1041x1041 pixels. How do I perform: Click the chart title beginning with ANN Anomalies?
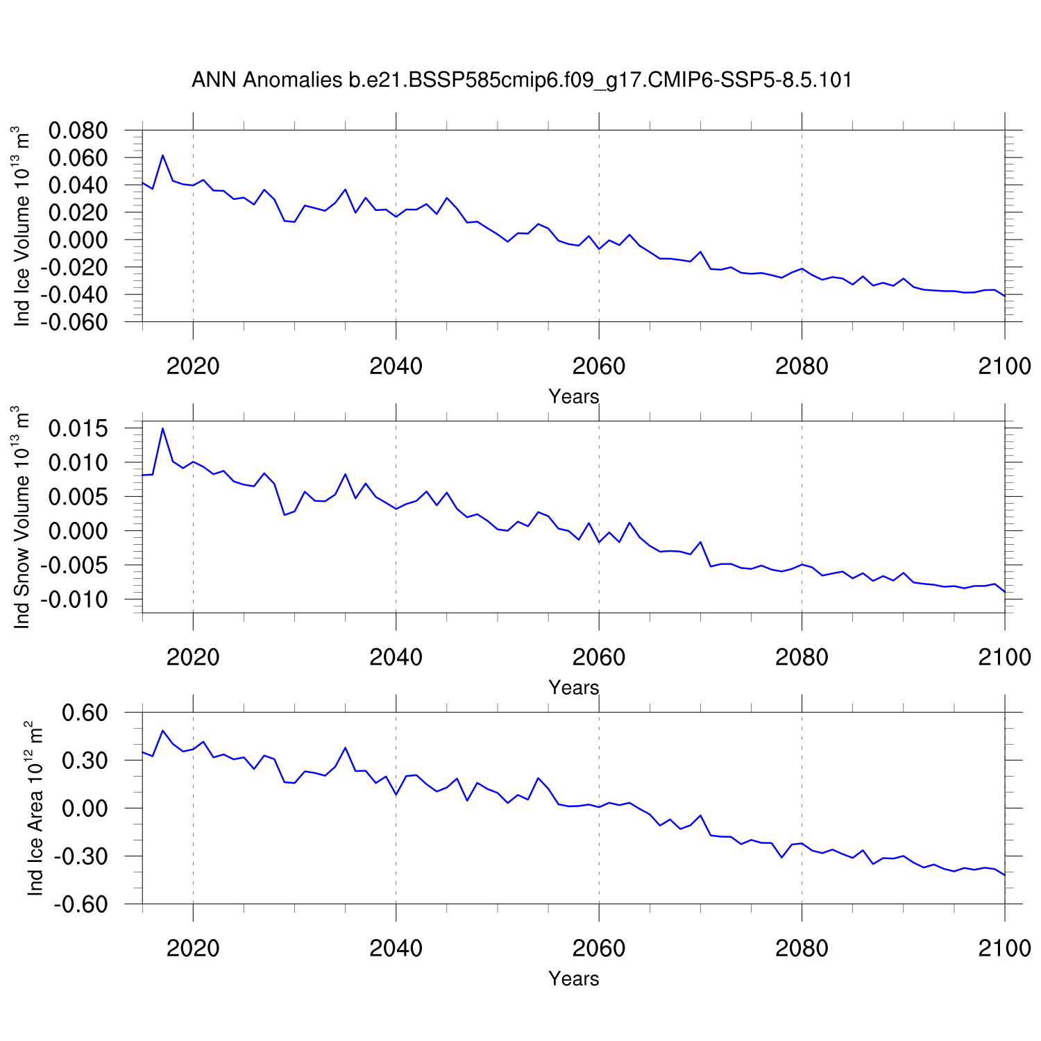click(521, 81)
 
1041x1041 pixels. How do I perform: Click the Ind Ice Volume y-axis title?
click(22, 226)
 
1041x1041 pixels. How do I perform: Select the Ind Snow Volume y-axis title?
click(22, 517)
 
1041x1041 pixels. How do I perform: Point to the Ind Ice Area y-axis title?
click(34, 809)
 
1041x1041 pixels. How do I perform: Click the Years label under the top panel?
click(573, 396)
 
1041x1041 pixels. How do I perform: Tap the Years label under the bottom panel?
click(573, 979)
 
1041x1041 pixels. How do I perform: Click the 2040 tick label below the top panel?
click(396, 366)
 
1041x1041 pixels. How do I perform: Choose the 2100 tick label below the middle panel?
click(1004, 657)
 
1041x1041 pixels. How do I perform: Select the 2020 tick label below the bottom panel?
click(193, 948)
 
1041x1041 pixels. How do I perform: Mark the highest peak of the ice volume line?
click(162, 155)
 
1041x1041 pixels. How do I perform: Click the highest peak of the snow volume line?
click(162, 428)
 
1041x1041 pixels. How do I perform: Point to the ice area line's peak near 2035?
click(345, 747)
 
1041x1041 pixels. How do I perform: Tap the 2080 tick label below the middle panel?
click(802, 657)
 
